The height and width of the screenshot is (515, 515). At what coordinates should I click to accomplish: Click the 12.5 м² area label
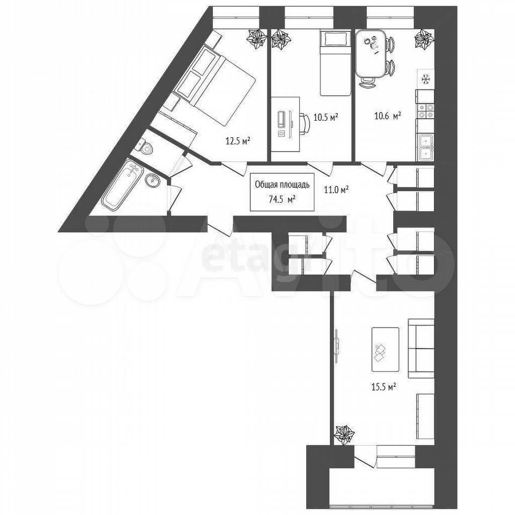[238, 141]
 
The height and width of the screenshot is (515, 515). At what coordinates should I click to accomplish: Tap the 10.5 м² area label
[326, 117]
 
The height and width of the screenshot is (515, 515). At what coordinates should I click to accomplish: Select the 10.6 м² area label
[388, 116]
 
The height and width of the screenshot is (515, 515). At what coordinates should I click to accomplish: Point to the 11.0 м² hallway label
[336, 189]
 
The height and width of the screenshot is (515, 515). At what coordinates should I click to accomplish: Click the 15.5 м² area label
[383, 387]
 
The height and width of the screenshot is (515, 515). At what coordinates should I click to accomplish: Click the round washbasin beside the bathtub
[152, 180]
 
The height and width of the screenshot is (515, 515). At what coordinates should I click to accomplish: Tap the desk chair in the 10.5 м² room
[305, 123]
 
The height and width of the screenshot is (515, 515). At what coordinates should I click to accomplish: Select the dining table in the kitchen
[371, 54]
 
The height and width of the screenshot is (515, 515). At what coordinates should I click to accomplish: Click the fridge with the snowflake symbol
[425, 79]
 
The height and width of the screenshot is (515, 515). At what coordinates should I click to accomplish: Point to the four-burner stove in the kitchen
[425, 111]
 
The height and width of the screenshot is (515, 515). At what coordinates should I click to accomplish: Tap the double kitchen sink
[425, 147]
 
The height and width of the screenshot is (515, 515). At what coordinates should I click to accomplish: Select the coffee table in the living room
[385, 349]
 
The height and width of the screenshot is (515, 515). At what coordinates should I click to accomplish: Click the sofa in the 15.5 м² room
[421, 348]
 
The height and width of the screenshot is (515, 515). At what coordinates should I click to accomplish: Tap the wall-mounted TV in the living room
[337, 346]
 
